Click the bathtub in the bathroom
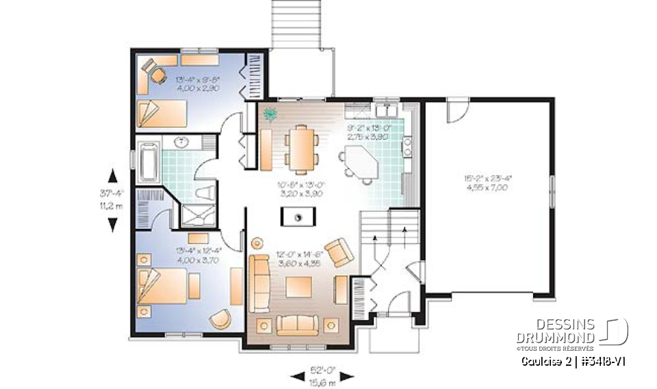(x=147, y=163)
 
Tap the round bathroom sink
(x=183, y=143)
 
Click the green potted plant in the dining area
(x=270, y=114)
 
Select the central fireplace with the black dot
(x=298, y=217)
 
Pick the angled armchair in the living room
(x=339, y=253)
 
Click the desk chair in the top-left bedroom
(x=158, y=76)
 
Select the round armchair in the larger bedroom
(x=220, y=319)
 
